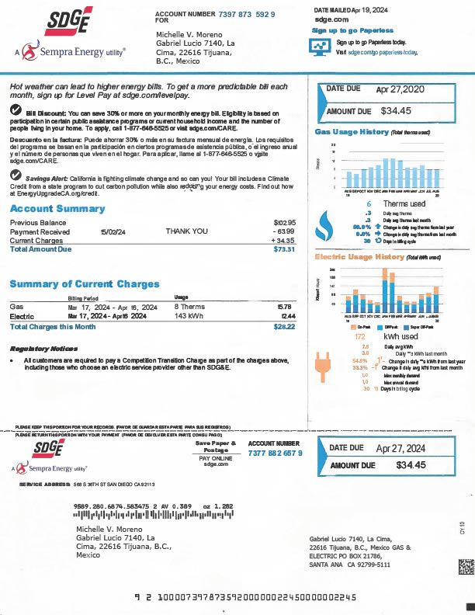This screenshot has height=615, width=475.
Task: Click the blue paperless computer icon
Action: tap(321, 47)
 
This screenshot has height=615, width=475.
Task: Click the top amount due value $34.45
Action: tap(396, 111)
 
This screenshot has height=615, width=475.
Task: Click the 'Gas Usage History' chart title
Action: tap(351, 133)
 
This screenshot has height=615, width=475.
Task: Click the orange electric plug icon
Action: tap(322, 364)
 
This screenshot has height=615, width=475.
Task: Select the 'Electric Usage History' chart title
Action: tap(359, 257)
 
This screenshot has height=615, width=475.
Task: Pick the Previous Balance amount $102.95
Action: tap(285, 223)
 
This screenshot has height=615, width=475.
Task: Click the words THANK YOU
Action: tap(186, 231)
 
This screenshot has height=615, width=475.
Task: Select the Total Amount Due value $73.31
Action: tap(284, 249)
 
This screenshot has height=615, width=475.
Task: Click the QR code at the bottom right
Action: tap(465, 566)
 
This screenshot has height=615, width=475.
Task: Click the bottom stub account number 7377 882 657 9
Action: tap(276, 453)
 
